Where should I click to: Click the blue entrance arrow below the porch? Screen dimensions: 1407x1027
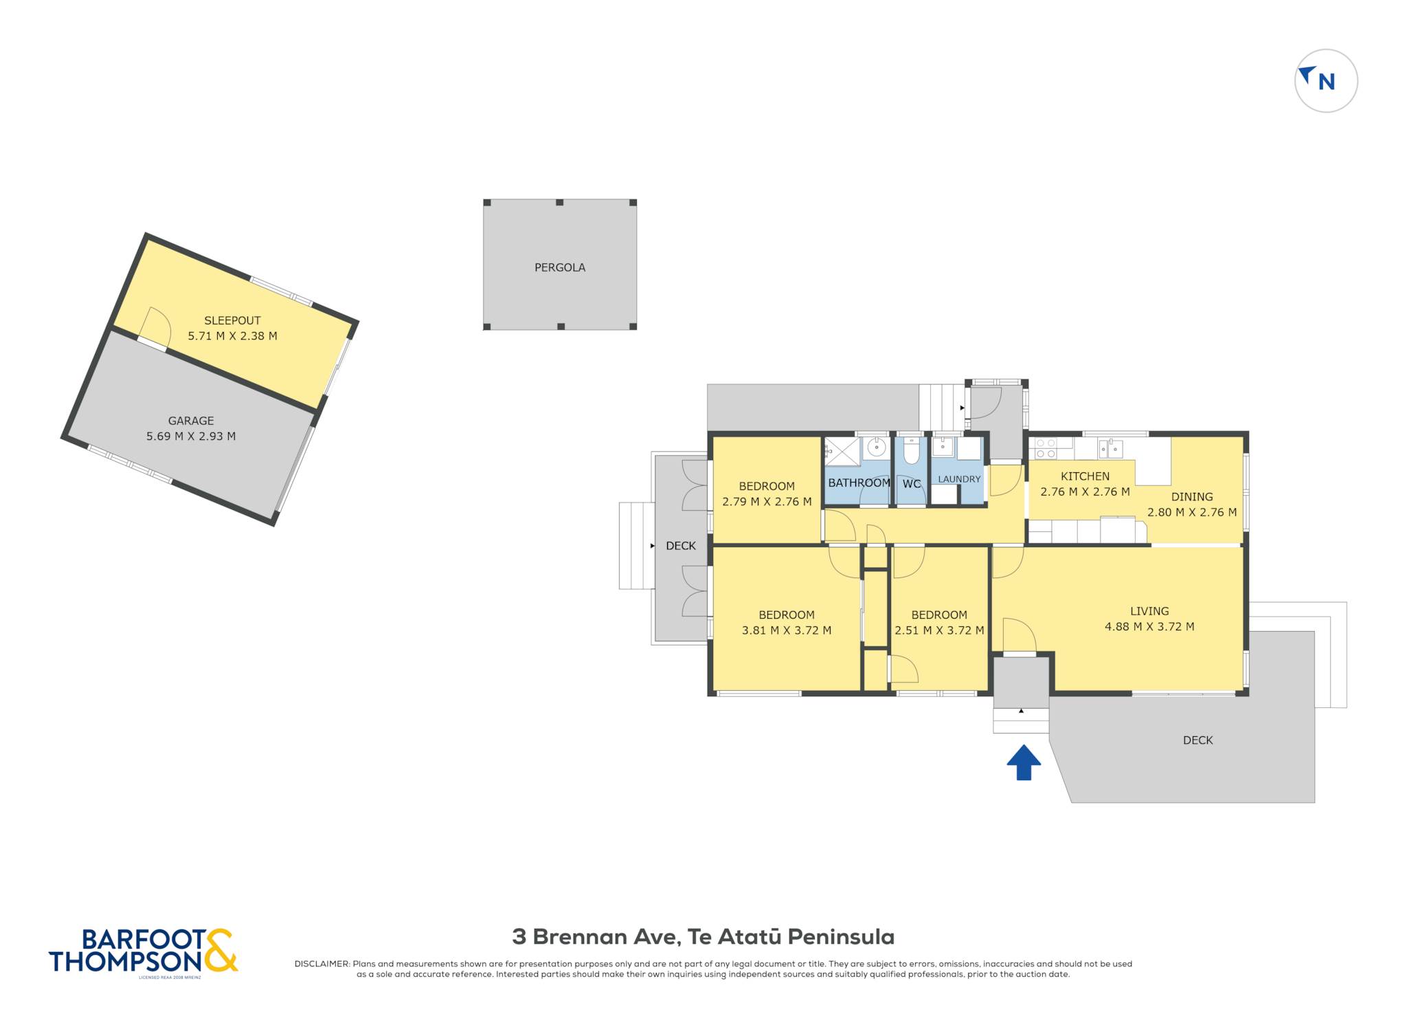[x=1024, y=762]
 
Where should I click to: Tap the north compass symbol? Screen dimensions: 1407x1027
[x=1326, y=80]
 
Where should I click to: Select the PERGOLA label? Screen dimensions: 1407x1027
[x=560, y=267]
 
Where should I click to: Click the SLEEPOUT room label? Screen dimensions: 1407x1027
[x=232, y=320]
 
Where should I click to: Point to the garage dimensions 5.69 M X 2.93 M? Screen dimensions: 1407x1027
[x=191, y=436]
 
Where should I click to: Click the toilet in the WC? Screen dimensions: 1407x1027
[x=911, y=452]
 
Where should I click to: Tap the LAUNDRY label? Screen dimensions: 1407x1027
[x=959, y=479]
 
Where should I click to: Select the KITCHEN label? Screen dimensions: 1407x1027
[x=1085, y=476]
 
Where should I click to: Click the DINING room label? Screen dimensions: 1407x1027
[x=1192, y=496]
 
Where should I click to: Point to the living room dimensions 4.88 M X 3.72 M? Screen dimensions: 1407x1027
[x=1149, y=626]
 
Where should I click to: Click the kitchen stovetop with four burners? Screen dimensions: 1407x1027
[x=1046, y=448]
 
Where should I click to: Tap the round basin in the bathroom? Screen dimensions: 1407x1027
[x=876, y=448]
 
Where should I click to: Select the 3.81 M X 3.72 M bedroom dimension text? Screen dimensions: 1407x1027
[x=787, y=630]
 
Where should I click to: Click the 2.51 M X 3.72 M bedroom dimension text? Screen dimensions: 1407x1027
[x=939, y=630]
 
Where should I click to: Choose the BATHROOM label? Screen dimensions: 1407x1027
[x=859, y=483]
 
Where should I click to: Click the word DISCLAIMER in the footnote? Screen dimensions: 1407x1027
[x=322, y=964]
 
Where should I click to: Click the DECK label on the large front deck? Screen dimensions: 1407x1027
[x=1197, y=740]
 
